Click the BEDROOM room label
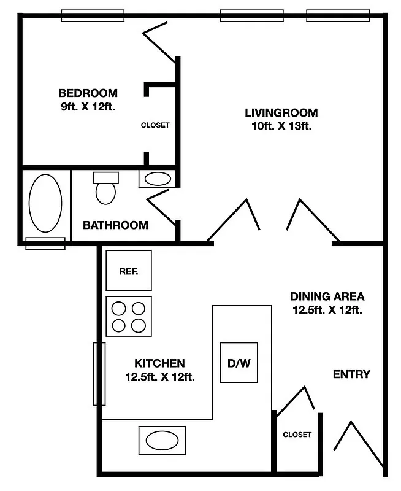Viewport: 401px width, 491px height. coord(88,93)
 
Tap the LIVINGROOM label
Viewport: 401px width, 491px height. coord(281,113)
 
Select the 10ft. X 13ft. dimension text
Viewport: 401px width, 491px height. coord(281,127)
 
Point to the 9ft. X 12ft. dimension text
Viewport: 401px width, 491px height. coord(88,106)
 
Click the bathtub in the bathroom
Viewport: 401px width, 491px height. coord(45,204)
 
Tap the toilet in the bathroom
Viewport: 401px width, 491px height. coord(105,188)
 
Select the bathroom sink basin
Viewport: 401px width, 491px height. coord(158,179)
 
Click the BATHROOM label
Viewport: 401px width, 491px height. coord(115,225)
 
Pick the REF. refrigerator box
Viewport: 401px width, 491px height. coord(128,270)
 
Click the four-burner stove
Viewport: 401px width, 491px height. coord(129,316)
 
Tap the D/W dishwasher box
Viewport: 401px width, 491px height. coord(239,363)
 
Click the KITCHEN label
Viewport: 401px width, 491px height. coord(159,363)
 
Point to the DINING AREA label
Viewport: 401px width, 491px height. coord(327,296)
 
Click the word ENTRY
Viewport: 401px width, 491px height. coord(351,374)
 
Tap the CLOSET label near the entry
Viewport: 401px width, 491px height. coord(297,435)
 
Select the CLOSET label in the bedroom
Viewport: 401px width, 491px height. coord(155,125)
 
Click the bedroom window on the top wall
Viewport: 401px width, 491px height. coord(93,15)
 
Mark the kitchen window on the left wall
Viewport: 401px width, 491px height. coord(99,374)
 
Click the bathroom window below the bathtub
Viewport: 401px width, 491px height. coord(45,243)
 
